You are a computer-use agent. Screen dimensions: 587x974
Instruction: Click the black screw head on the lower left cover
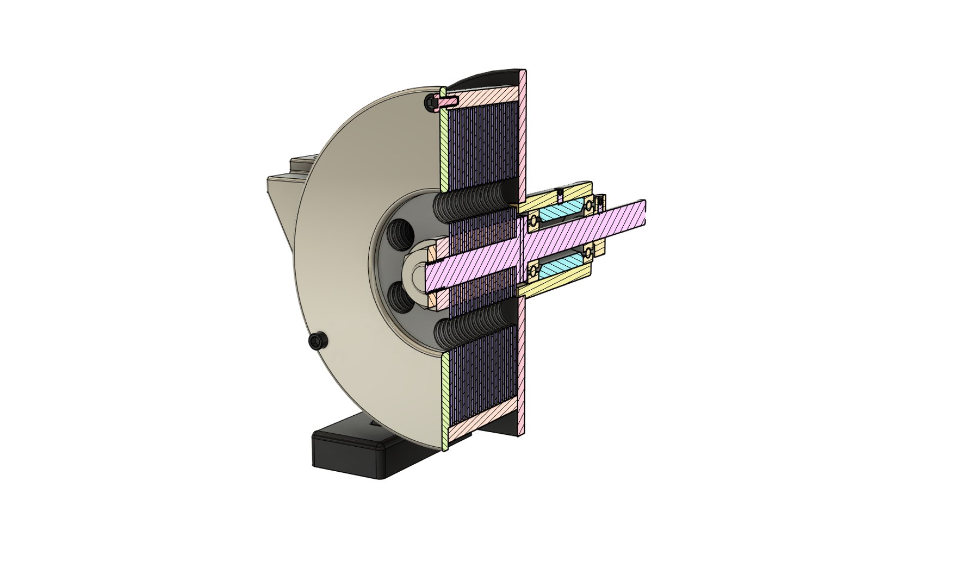pos(317,341)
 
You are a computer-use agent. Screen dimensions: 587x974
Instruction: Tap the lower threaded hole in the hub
pos(402,298)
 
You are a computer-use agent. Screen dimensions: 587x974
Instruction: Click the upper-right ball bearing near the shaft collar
pos(588,206)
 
